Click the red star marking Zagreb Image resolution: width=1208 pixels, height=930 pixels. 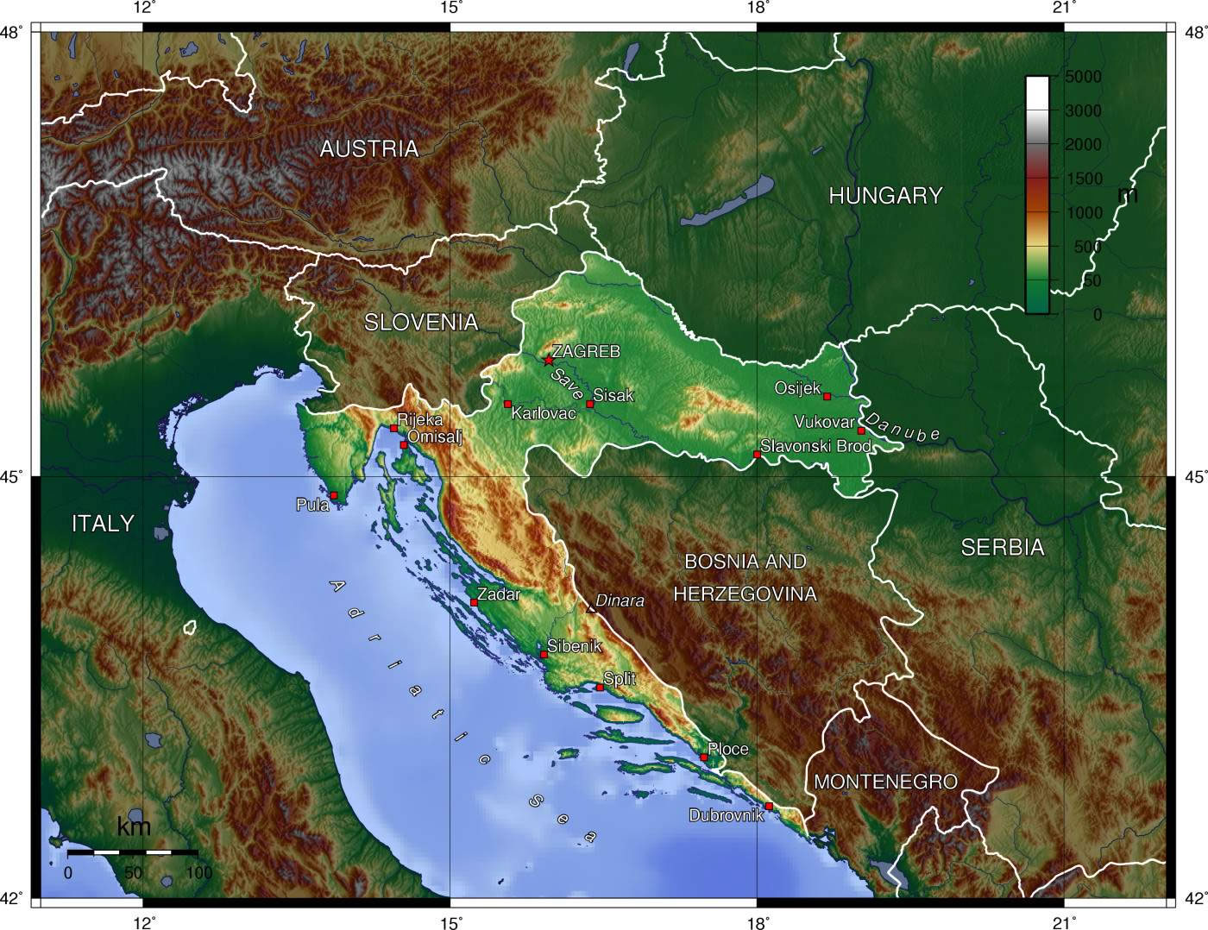[548, 361]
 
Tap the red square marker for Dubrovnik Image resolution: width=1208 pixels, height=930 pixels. [769, 806]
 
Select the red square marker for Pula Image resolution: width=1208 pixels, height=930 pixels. [334, 495]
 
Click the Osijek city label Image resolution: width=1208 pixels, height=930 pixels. [797, 388]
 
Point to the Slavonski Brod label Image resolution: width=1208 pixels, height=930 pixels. [815, 446]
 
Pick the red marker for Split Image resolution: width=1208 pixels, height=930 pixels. [600, 688]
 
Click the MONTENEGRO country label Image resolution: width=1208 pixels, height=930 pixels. [885, 782]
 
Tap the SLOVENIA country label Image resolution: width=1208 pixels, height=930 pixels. [420, 323]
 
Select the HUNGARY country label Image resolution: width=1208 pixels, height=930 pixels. [885, 196]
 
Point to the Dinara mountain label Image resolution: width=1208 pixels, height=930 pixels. [620, 601]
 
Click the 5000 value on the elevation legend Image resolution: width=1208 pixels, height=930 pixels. [1082, 77]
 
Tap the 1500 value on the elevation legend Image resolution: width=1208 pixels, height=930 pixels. [1082, 179]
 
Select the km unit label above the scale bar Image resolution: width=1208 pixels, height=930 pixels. [134, 826]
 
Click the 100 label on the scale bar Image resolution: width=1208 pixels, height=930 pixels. [198, 872]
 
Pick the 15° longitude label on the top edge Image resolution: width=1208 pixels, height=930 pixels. [450, 9]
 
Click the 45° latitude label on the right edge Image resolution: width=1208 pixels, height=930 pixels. [1195, 475]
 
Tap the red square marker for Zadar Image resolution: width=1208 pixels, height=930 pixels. [474, 602]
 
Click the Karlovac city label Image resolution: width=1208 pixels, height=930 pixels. [543, 414]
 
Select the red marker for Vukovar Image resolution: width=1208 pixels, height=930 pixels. [860, 430]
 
